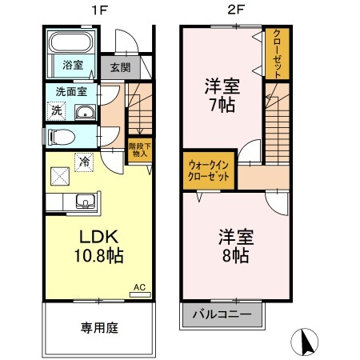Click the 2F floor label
pos(234,10)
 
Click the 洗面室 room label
pos(70,90)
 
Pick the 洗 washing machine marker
pos(57,110)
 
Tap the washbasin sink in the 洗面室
pos(84,112)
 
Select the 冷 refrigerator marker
pos(86,160)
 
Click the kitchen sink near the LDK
pos(84,201)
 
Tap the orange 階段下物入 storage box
pos(138,150)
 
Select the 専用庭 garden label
pos(99,327)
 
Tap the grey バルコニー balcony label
pos(222,314)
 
